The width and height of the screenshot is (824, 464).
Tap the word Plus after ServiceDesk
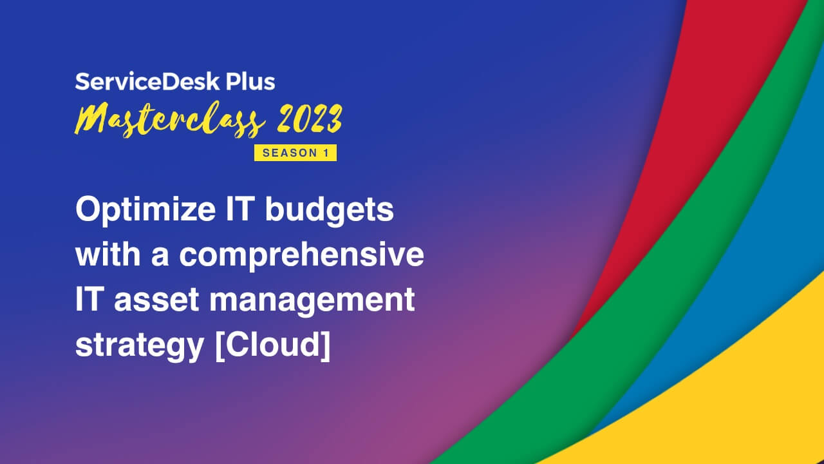click(250, 82)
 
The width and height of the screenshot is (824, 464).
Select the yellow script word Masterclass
click(170, 120)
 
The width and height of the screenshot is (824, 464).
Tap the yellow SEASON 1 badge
click(295, 153)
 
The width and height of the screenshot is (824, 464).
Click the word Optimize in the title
click(145, 210)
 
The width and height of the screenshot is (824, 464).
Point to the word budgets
click(329, 210)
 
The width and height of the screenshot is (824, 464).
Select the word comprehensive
click(302, 255)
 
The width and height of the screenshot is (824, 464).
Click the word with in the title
click(108, 253)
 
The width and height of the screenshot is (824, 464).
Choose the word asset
click(156, 300)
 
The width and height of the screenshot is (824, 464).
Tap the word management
click(312, 301)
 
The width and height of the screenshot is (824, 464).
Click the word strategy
click(140, 346)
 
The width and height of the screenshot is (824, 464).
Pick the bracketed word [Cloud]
click(272, 345)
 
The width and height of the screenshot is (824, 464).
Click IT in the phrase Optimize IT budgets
click(241, 209)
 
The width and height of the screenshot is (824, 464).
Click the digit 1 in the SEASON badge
click(326, 153)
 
